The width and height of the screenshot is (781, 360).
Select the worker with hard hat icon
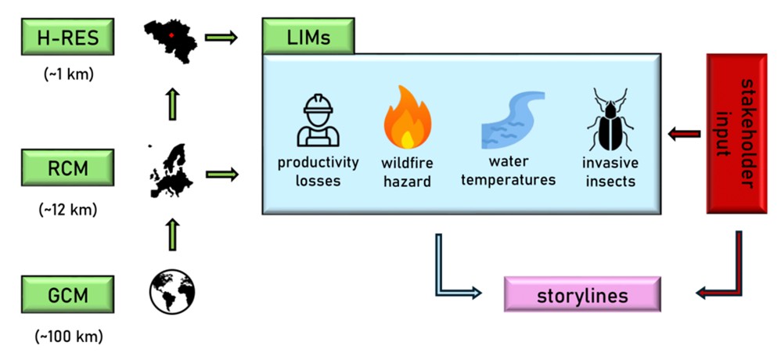click(x=319, y=121)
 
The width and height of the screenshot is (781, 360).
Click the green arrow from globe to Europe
click(x=172, y=232)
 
